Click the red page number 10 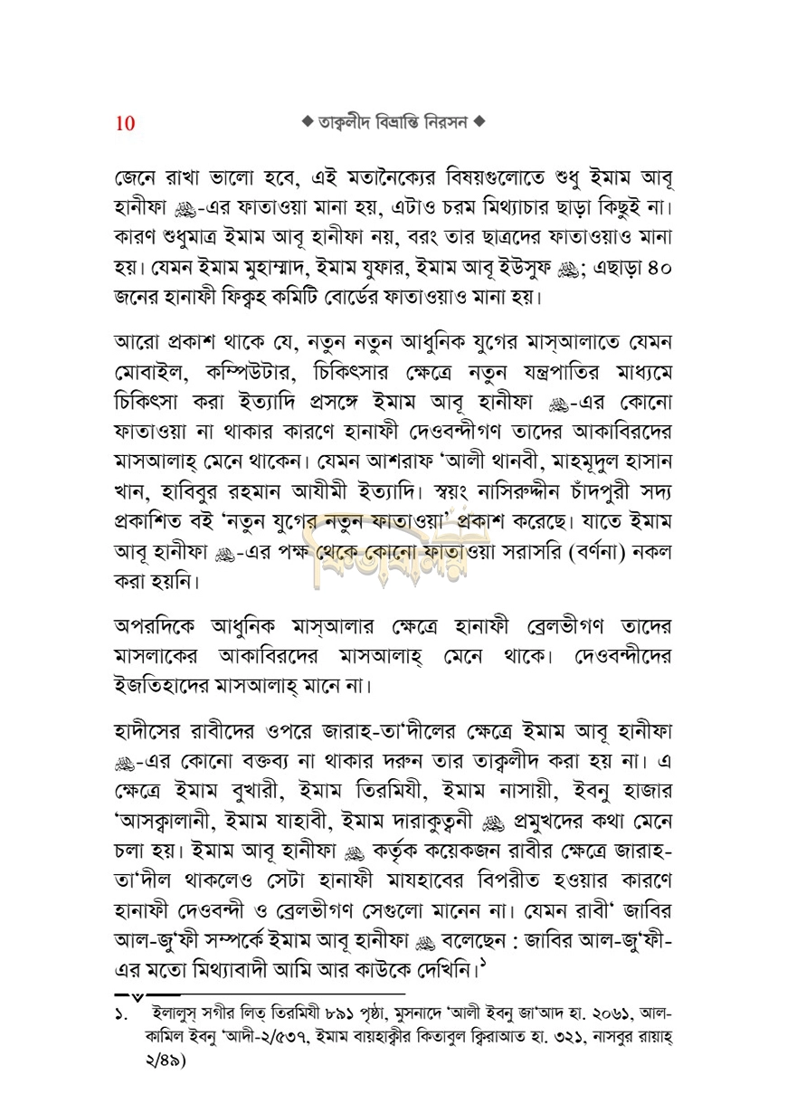pyautogui.click(x=125, y=124)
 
